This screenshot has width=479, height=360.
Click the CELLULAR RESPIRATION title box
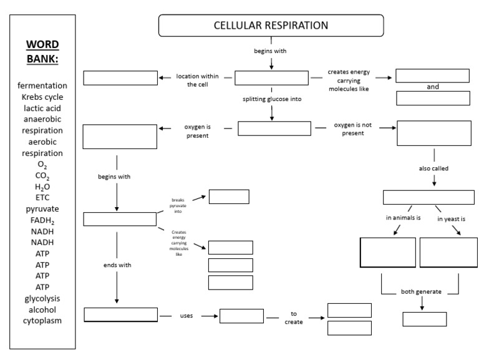[271, 26]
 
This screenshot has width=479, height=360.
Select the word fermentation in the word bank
[42, 85]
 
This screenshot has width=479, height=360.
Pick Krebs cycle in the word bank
[42, 97]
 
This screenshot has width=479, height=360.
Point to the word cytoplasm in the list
[42, 321]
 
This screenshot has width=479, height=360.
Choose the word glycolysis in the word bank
[42, 298]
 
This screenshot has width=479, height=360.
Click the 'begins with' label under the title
[271, 51]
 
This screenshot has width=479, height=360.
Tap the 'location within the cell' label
[196, 80]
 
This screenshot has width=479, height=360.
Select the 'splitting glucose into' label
[271, 99]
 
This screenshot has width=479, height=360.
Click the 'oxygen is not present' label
[353, 129]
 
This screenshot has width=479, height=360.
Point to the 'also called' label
[433, 168]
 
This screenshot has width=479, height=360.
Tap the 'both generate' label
[420, 293]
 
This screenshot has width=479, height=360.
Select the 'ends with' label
[117, 265]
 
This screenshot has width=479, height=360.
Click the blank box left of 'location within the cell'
[120, 78]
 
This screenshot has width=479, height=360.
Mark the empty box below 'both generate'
[424, 319]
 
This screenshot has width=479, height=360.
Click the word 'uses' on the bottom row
[186, 316]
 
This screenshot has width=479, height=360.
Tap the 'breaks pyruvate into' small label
[178, 206]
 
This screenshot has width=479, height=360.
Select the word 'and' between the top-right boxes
[433, 87]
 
